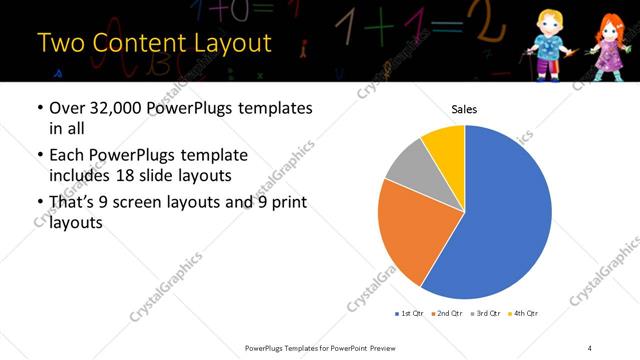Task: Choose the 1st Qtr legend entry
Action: [x=409, y=313]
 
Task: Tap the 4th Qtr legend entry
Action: [x=524, y=313]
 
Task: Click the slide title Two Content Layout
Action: [x=154, y=43]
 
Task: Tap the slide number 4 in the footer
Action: [x=590, y=347]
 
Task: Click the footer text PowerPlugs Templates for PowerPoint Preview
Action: [x=327, y=347]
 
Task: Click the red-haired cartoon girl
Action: [x=607, y=45]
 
